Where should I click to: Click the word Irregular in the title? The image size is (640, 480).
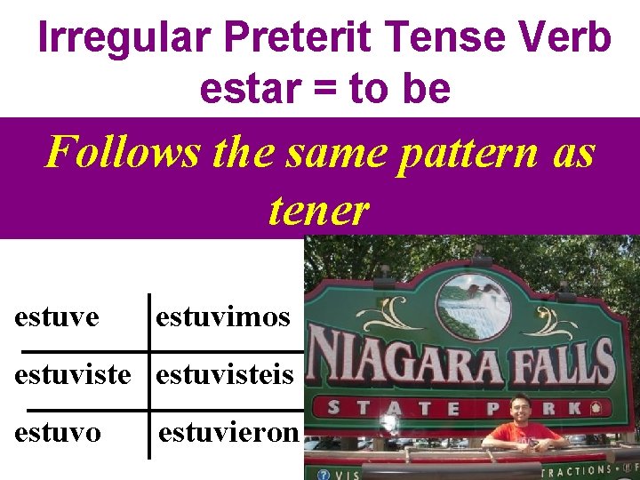click(124, 37)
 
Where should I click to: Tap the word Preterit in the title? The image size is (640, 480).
click(302, 37)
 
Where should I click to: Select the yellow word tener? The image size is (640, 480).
click(317, 210)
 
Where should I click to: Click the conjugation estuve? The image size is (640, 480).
click(56, 316)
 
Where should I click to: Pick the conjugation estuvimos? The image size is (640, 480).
click(223, 316)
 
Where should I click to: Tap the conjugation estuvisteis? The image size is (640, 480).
click(225, 374)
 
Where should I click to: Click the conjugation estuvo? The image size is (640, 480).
click(57, 433)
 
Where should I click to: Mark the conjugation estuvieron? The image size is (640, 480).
click(230, 434)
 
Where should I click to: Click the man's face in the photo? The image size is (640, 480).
click(522, 410)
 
